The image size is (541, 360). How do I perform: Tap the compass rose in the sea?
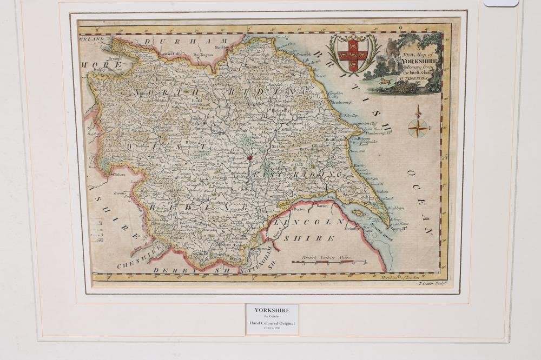(417, 127)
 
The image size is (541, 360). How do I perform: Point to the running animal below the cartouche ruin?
(385, 82)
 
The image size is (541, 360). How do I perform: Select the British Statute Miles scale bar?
(329, 262)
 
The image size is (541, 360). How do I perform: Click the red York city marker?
(249, 158)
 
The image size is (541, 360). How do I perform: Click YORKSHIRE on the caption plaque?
(272, 310)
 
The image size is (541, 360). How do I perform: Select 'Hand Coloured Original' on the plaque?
(272, 323)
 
